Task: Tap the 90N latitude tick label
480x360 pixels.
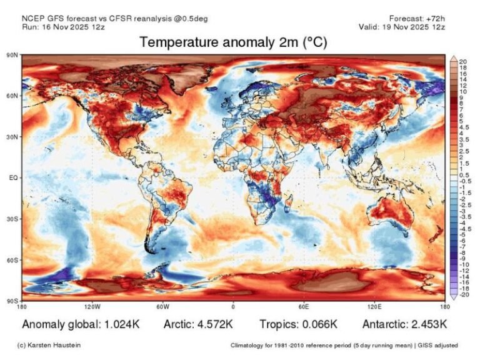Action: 12,56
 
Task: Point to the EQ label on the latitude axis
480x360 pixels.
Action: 14,177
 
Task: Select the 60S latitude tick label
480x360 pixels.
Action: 12,259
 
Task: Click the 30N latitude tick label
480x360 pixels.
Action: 12,137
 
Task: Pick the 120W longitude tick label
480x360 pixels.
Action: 92,307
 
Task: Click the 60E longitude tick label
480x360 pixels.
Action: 303,307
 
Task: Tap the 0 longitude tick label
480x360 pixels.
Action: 233,307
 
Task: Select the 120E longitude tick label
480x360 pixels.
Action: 373,307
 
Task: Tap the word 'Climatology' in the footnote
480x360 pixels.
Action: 247,345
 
